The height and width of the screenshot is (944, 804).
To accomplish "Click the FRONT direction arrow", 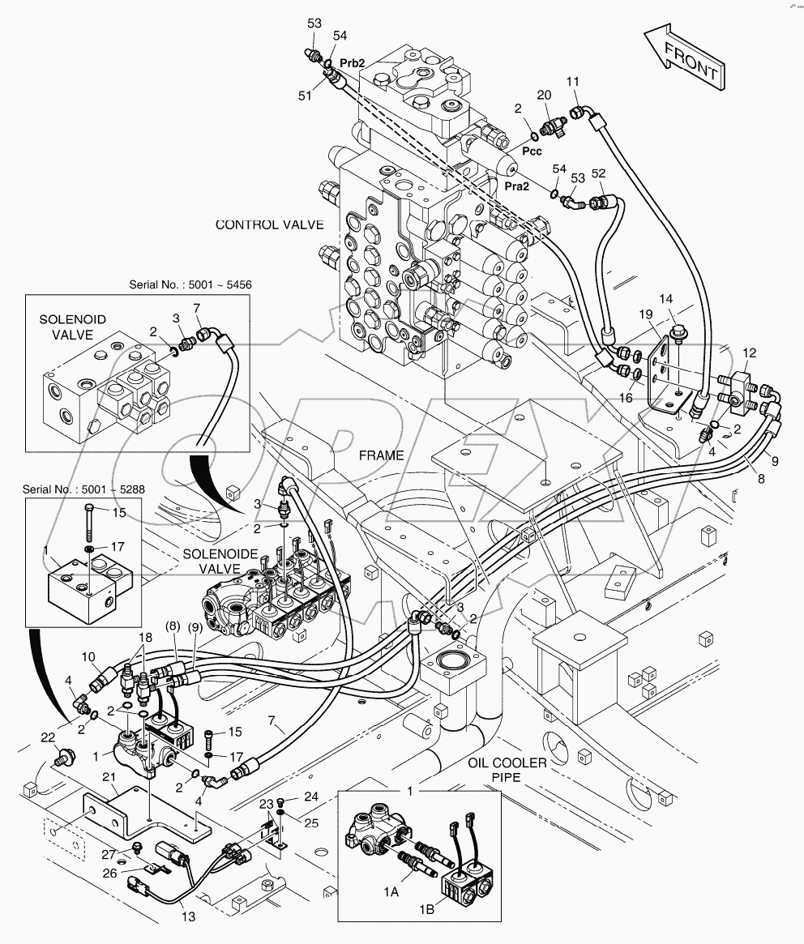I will (685, 58).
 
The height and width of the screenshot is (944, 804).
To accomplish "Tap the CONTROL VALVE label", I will (269, 224).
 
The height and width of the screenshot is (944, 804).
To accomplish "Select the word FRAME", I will (382, 455).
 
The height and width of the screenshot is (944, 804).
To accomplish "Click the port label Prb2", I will (353, 62).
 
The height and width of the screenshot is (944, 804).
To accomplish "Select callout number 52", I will (598, 173).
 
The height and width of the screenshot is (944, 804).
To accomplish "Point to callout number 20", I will (544, 95).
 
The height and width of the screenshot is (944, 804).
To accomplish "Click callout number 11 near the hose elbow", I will (572, 82).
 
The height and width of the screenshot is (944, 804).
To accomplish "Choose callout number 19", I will (645, 314).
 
